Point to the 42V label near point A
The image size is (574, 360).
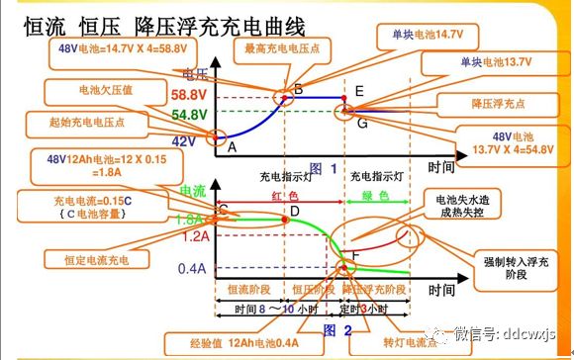pyautogui.click(x=185, y=141)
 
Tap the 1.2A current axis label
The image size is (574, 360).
pyautogui.click(x=195, y=236)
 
